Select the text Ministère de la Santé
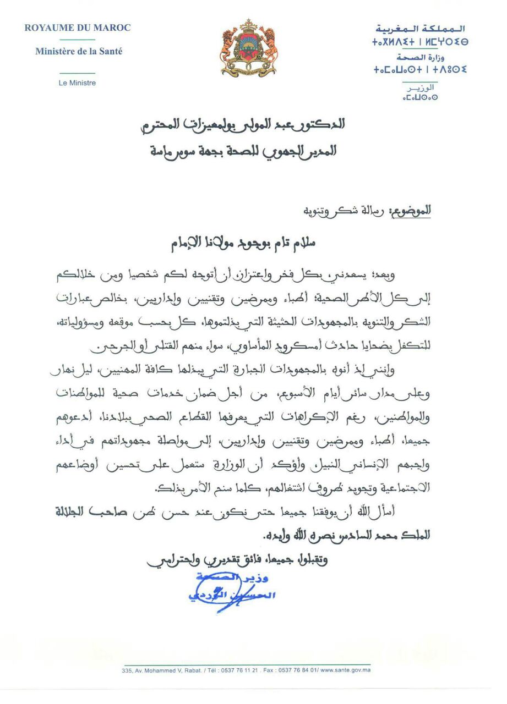[79, 52]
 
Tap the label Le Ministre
[78, 83]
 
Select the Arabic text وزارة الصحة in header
[420, 57]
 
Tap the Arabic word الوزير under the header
[420, 87]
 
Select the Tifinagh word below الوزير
[420, 98]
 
